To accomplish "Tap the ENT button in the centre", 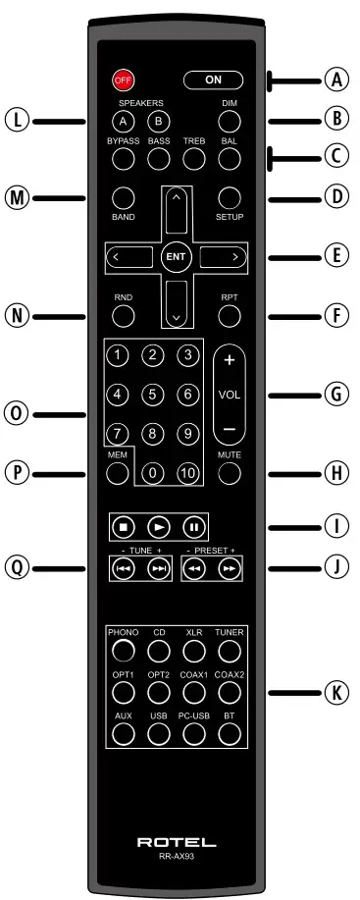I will (176, 257).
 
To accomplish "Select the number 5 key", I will (152, 395).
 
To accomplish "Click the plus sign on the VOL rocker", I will (229, 360).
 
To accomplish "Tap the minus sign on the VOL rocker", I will (229, 430).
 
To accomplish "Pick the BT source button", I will (229, 734).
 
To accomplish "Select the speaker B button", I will (158, 122).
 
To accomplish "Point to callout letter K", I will (336, 692).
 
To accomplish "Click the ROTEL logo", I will (177, 842).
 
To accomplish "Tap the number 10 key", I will (186, 471).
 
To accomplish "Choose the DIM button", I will (229, 122).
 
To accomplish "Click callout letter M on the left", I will (15, 197).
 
